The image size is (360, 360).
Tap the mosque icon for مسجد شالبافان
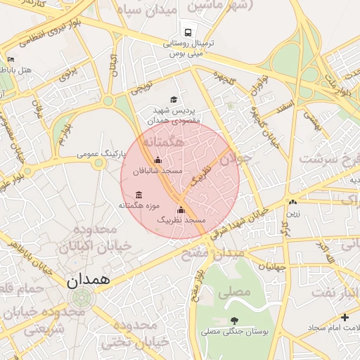click(157, 160)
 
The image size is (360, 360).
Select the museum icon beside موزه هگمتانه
click(138, 194)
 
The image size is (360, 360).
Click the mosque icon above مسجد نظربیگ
click(181, 210)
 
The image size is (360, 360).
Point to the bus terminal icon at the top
click(187, 32)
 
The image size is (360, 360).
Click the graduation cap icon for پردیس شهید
click(174, 101)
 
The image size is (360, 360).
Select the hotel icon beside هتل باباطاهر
click(11, 60)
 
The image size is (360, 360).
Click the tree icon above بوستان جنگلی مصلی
click(233, 321)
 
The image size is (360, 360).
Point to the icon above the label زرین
click(292, 202)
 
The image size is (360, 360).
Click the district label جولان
click(236, 160)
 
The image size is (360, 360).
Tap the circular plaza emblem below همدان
click(81, 297)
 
